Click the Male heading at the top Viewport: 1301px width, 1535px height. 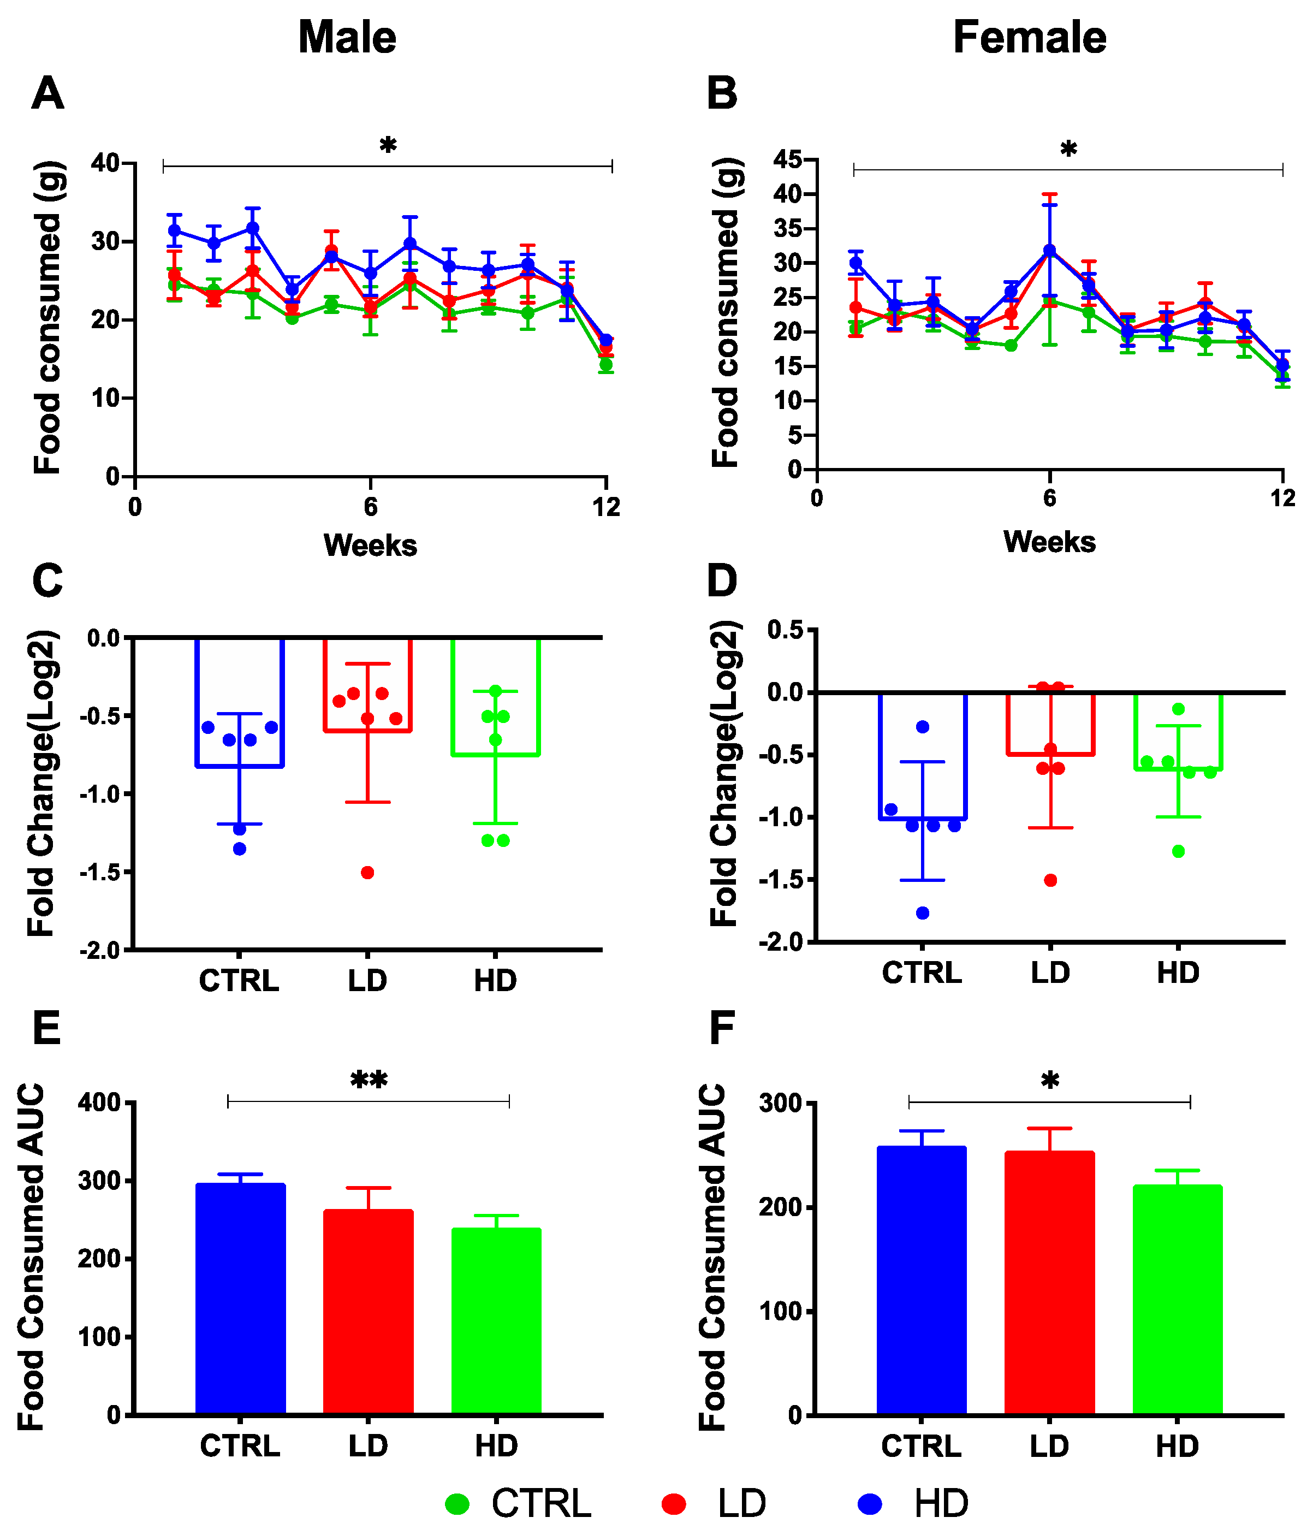[x=347, y=37]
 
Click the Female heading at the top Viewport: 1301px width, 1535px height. [x=1029, y=37]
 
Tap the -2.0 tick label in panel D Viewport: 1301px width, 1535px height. [x=780, y=942]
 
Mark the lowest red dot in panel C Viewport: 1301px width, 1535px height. [x=367, y=873]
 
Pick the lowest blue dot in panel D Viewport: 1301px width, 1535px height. [x=922, y=913]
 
